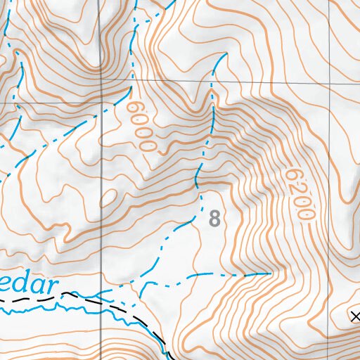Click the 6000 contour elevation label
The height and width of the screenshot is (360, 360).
point(141,126)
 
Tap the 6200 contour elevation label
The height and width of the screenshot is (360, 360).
point(297,194)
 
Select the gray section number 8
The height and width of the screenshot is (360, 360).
point(214,219)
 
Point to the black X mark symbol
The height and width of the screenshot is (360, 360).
point(354,316)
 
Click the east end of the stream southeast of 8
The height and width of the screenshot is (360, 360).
point(271,273)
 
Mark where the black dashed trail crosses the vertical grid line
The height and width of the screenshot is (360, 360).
point(101,300)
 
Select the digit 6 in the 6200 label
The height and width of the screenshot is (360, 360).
point(291,174)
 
